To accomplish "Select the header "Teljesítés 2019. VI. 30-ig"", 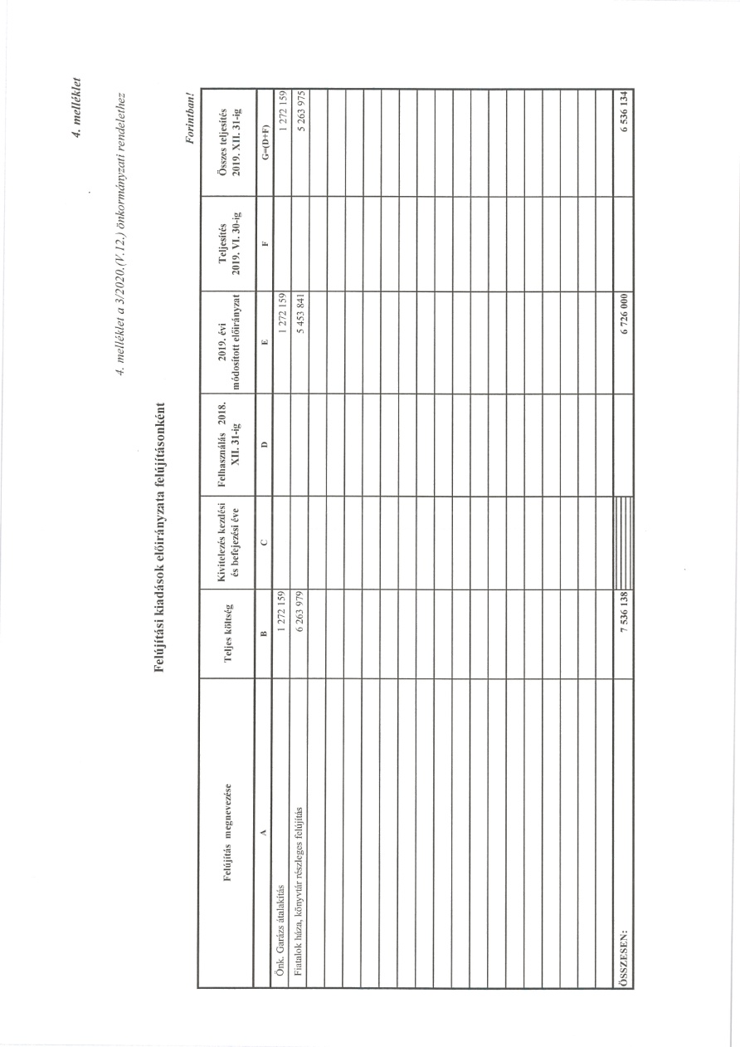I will tap(227, 242).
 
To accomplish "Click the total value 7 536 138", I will tap(623, 613).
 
